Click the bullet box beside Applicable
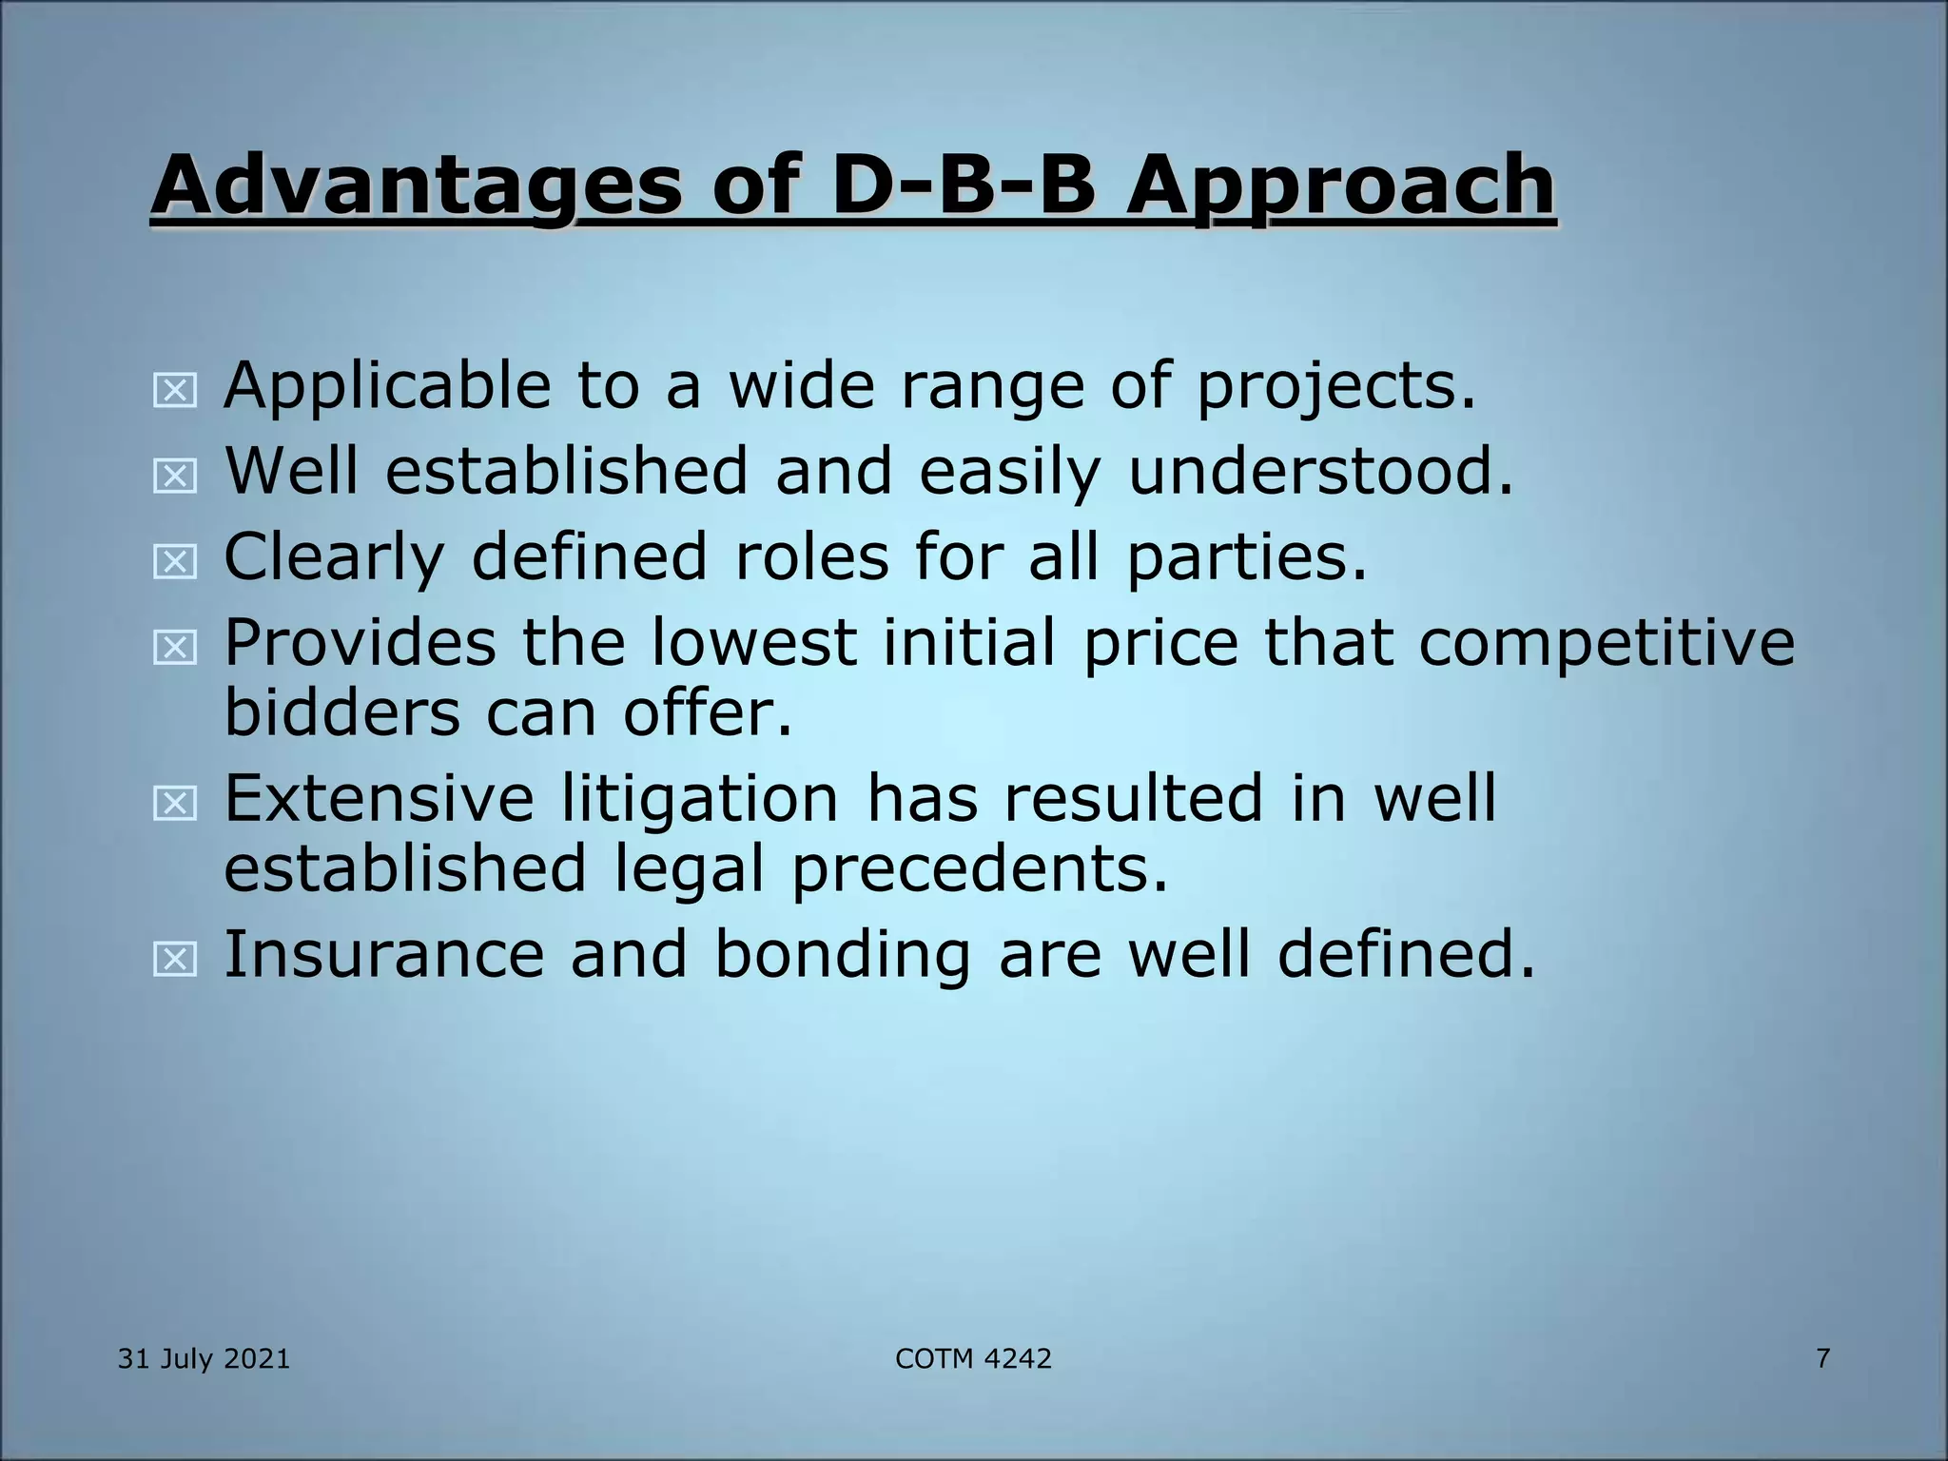click(175, 390)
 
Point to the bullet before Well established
click(175, 476)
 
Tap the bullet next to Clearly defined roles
click(175, 561)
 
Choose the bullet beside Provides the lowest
click(175, 648)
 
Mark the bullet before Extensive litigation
click(175, 804)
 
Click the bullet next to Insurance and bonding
click(175, 959)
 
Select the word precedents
click(979, 868)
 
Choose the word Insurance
click(383, 954)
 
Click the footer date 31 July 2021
click(204, 1358)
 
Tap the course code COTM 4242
click(973, 1358)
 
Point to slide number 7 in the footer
click(1822, 1358)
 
